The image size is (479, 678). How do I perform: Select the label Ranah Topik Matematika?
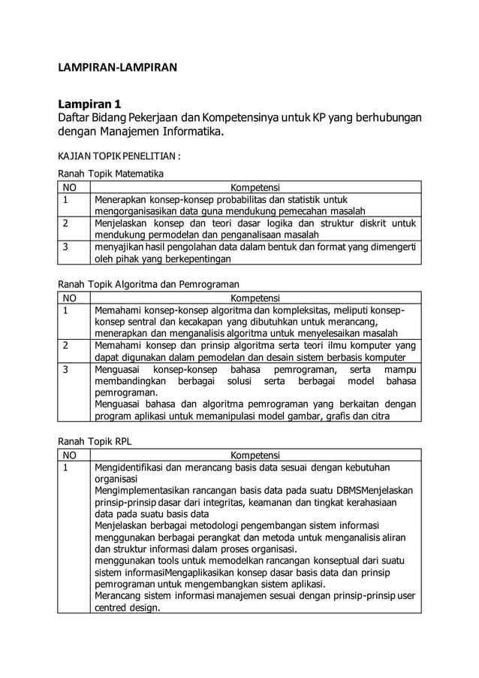pyautogui.click(x=111, y=174)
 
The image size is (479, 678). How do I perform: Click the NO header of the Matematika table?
pyautogui.click(x=71, y=186)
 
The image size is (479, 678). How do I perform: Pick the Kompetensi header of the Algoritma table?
pyautogui.click(x=255, y=298)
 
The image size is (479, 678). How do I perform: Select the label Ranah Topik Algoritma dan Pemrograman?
pyautogui.click(x=149, y=285)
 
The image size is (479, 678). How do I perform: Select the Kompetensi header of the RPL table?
pyautogui.click(x=255, y=455)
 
